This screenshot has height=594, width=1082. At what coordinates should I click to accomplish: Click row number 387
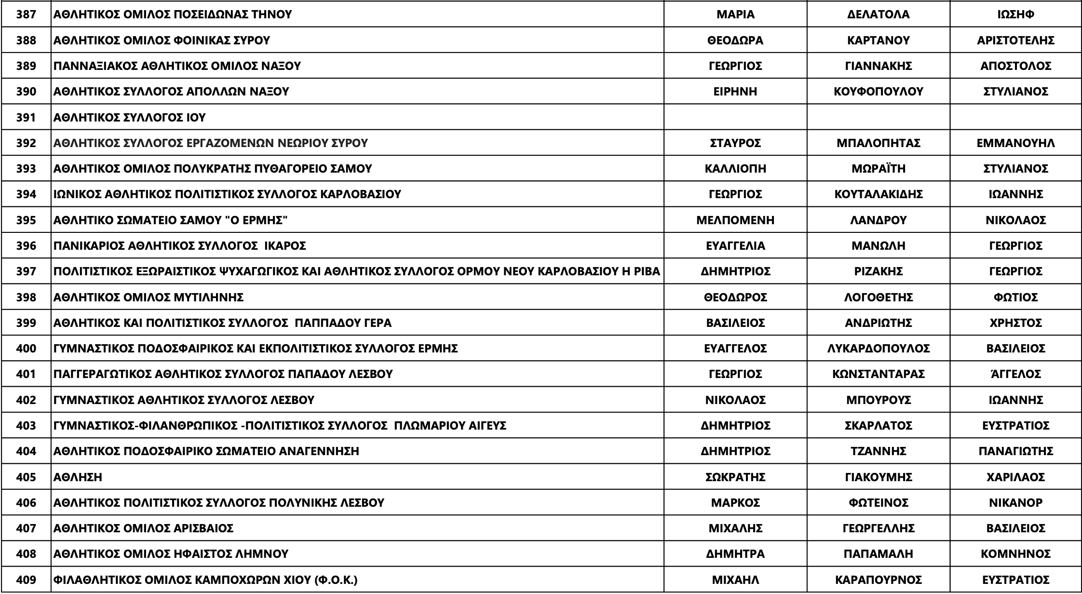[26, 14]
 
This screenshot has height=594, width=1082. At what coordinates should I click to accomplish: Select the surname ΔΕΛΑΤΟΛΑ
[878, 14]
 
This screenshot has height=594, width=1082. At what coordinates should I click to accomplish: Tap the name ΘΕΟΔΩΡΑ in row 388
[735, 40]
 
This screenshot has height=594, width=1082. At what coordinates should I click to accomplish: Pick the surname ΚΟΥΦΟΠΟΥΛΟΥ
[878, 92]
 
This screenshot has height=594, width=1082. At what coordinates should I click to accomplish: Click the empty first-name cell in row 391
[735, 117]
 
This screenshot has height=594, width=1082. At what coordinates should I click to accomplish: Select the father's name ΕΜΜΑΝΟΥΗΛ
[1015, 143]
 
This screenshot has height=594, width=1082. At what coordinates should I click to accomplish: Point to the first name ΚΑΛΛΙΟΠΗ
[735, 169]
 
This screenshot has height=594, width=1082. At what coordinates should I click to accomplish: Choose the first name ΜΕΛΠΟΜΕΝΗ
[735, 220]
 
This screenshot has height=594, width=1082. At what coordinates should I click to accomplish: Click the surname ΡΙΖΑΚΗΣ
[878, 271]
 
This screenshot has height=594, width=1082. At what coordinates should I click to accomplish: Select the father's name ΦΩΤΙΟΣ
[1015, 297]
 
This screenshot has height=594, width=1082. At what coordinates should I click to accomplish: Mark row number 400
[26, 349]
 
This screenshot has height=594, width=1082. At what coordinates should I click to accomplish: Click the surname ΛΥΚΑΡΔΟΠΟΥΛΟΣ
[878, 349]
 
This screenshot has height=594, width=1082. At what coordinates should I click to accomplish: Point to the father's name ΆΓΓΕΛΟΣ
[1015, 374]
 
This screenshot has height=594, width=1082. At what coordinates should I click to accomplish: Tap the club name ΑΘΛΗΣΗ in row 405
[78, 477]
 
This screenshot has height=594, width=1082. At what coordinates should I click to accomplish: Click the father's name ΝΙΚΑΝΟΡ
[1015, 503]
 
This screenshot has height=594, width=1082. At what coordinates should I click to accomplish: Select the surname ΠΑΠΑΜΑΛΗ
[878, 554]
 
